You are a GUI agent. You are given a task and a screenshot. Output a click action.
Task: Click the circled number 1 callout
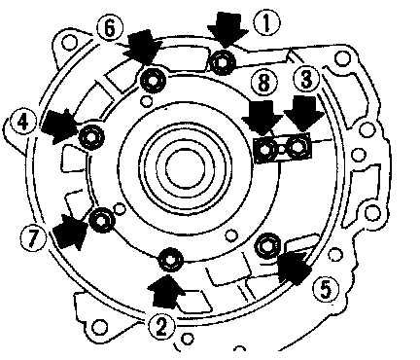pyautogui.click(x=266, y=23)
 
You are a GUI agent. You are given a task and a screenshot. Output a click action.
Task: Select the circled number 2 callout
pyautogui.click(x=161, y=327)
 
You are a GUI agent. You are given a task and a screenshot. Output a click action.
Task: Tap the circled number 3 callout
pyautogui.click(x=306, y=80)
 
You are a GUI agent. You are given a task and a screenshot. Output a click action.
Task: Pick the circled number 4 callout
pyautogui.click(x=23, y=123)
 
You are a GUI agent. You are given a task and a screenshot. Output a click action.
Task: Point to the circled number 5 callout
pyautogui.click(x=326, y=290)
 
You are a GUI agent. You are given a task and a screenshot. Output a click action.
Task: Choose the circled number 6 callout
pyautogui.click(x=110, y=28)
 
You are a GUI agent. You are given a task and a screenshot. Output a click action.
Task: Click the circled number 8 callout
pyautogui.click(x=264, y=83)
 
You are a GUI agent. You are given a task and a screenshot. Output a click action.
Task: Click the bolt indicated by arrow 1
pyautogui.click(x=224, y=62)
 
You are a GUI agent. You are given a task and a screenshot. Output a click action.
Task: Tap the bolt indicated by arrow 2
pyautogui.click(x=170, y=260)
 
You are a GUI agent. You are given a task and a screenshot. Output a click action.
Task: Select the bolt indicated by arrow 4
pyautogui.click(x=91, y=137)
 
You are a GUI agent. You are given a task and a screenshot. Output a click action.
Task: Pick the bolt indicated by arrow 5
pyautogui.click(x=267, y=246)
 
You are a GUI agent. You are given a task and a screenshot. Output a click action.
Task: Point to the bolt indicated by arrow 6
pyautogui.click(x=153, y=81)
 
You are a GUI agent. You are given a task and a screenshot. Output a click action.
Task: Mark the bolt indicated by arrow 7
pyautogui.click(x=102, y=221)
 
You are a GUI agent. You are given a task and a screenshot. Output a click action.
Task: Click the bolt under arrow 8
pyautogui.click(x=265, y=150)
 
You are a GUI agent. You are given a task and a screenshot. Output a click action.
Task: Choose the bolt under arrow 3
pyautogui.click(x=297, y=148)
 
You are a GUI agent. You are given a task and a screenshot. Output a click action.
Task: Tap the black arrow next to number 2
pyautogui.click(x=166, y=291)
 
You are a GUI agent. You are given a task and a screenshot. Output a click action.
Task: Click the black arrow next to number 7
pyautogui.click(x=71, y=231)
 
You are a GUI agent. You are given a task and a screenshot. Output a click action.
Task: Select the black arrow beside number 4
pyautogui.click(x=60, y=126)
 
